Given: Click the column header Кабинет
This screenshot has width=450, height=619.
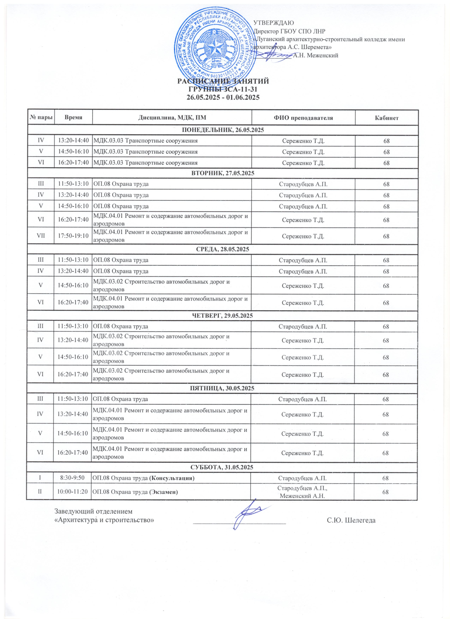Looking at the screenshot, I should [386, 118].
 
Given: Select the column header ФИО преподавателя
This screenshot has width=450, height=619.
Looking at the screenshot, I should [303, 118].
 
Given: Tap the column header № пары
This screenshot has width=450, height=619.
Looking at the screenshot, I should [41, 118].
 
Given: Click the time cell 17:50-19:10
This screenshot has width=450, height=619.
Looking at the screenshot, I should [73, 236].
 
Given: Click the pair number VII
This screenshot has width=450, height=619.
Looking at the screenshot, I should [41, 236].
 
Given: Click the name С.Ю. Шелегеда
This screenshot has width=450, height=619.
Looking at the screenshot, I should [351, 520].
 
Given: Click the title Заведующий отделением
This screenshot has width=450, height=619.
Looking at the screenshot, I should [93, 511].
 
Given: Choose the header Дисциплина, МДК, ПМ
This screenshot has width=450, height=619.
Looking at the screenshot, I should [172, 118].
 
